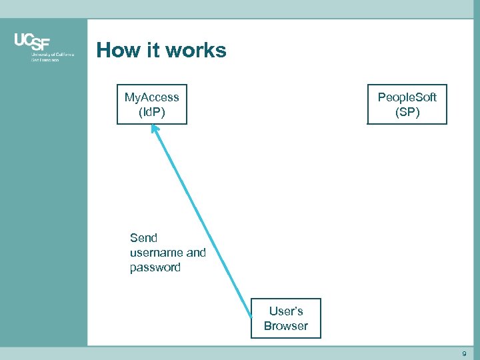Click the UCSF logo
(33, 41)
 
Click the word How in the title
(117, 50)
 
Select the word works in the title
(198, 50)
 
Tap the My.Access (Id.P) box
(152, 105)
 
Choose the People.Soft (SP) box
(407, 105)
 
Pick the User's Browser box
(285, 319)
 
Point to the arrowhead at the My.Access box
(154, 128)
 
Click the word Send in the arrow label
(143, 238)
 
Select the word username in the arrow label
(156, 253)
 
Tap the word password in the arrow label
(155, 267)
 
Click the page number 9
(464, 353)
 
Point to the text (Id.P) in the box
(152, 112)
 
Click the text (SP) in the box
(407, 112)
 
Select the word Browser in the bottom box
(285, 326)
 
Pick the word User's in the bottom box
(286, 311)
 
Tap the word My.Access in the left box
(152, 97)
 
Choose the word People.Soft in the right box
(407, 97)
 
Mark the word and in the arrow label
(196, 253)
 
